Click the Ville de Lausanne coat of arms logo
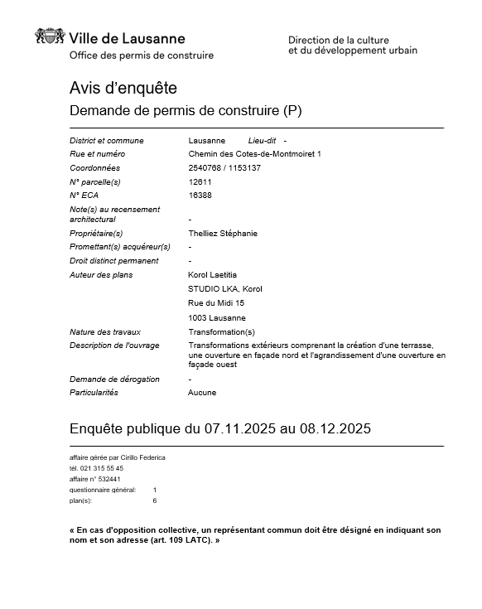50,37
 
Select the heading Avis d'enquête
123,88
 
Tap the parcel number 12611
200,181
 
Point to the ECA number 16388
200,195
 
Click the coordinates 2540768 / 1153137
224,167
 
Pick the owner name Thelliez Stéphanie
223,234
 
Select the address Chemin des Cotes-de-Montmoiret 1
254,154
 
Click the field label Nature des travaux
104,332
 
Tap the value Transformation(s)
222,332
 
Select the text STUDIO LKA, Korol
225,288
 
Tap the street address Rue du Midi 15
216,303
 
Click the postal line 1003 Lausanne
217,318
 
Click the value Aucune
202,393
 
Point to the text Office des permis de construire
142,56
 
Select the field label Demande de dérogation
114,379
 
